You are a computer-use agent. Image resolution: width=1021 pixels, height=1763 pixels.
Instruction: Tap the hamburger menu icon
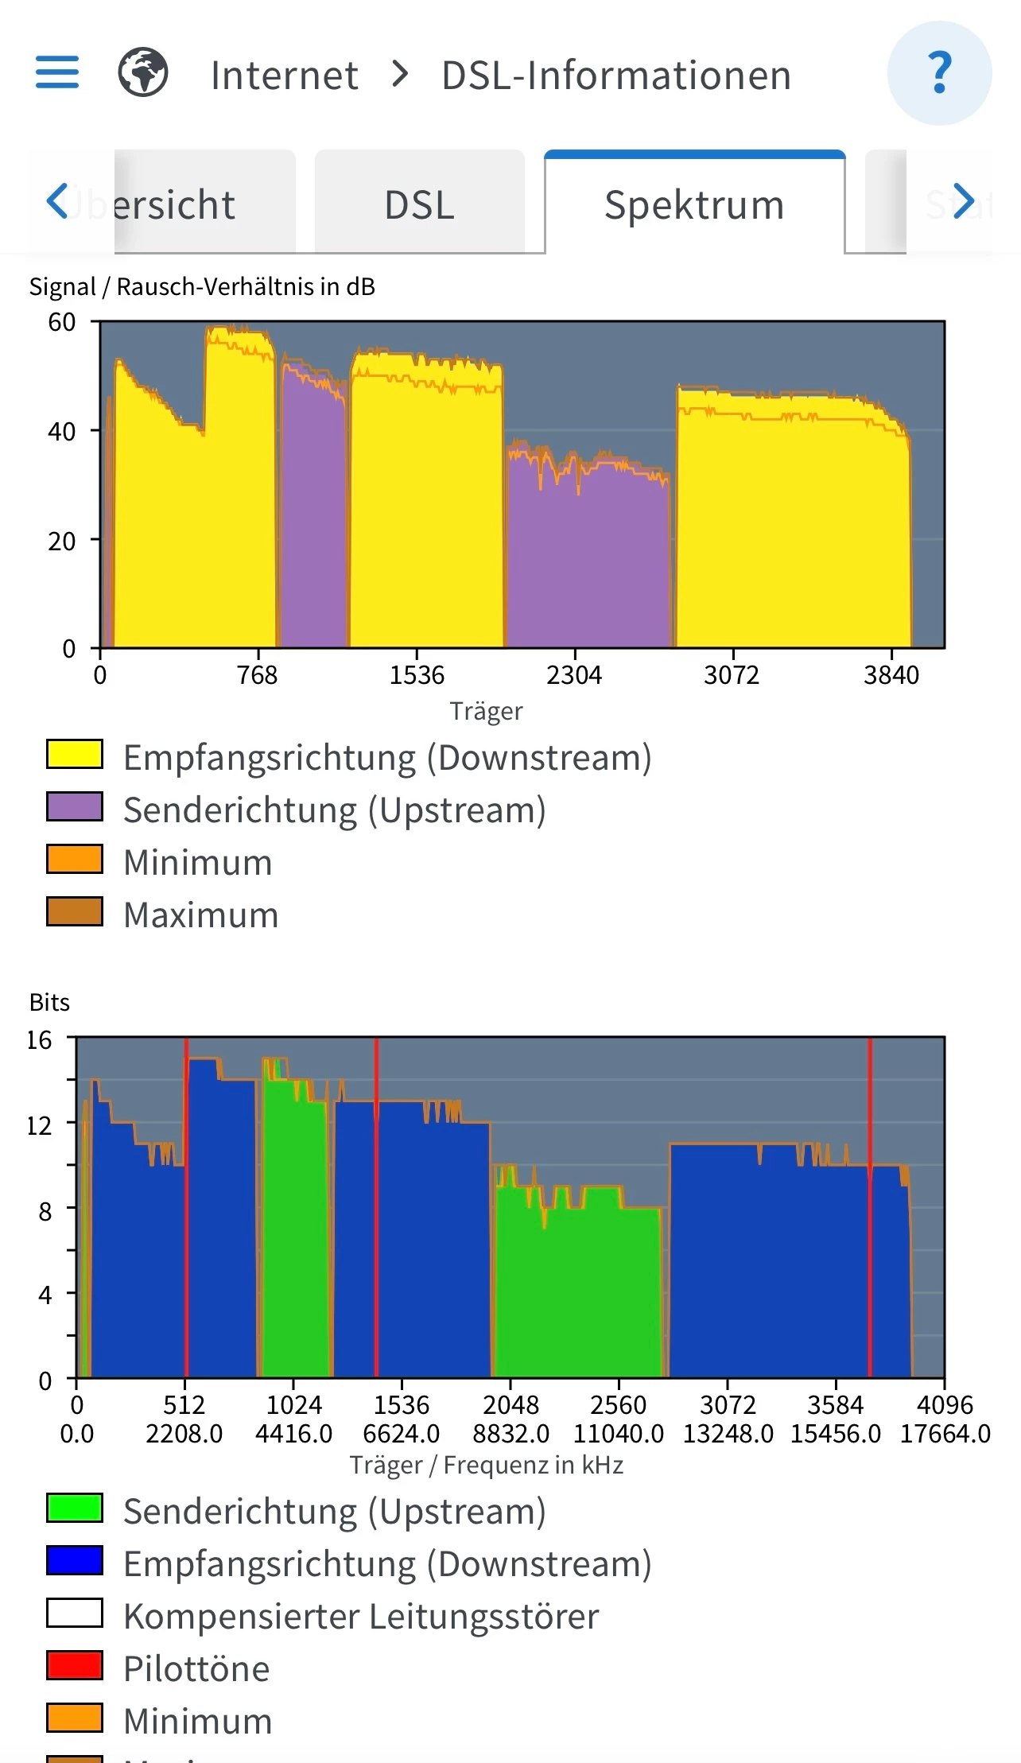tap(57, 72)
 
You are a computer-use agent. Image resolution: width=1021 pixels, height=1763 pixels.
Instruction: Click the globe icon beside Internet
tap(143, 72)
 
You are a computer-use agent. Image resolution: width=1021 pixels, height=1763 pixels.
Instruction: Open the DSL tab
tap(419, 204)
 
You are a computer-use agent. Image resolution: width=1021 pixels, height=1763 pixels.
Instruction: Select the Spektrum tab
tap(694, 204)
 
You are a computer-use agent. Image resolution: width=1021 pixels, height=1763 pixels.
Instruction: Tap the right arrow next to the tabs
tap(964, 201)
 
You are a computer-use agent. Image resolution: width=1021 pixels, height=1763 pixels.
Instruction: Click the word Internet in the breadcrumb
tap(284, 76)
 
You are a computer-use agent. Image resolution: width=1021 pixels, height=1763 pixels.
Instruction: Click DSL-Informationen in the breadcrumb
tap(616, 76)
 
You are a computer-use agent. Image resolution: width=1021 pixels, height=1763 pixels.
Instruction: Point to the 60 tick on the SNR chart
tap(62, 322)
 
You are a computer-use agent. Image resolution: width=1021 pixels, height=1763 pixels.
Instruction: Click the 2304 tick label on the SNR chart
tap(574, 675)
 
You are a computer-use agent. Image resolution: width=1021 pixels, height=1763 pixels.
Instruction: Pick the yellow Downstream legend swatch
tap(75, 754)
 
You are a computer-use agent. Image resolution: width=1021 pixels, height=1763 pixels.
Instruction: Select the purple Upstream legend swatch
tap(75, 806)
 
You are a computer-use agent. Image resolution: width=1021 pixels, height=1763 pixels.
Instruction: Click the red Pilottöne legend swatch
tap(75, 1665)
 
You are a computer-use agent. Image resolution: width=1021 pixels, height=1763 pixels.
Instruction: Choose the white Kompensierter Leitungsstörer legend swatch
tap(75, 1613)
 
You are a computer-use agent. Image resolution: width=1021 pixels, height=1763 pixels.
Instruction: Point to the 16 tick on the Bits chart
tap(39, 1040)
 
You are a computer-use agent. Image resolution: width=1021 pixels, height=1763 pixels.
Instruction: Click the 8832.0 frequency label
tap(510, 1434)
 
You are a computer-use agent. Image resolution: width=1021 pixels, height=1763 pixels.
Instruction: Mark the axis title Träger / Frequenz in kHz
tap(486, 1465)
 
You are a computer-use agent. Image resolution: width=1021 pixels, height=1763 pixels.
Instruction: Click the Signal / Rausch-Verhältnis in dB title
tap(202, 286)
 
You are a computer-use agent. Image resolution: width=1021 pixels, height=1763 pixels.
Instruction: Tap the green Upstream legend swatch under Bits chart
tap(75, 1508)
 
